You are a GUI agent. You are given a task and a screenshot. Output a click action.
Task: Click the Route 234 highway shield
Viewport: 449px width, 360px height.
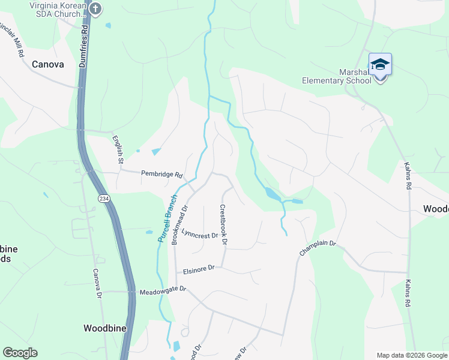(x=104, y=199)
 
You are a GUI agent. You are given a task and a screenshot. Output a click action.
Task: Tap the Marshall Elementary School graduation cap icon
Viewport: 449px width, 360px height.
(x=380, y=64)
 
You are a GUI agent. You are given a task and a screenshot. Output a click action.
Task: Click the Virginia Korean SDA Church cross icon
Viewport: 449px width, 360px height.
(x=95, y=8)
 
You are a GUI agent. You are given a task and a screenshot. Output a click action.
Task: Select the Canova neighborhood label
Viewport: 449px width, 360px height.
(x=47, y=64)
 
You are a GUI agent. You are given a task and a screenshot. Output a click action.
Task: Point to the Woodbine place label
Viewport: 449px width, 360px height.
(x=102, y=328)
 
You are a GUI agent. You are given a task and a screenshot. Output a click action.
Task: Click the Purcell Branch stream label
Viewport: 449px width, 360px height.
(x=168, y=218)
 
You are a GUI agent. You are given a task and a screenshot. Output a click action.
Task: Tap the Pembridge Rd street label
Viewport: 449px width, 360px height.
(x=161, y=174)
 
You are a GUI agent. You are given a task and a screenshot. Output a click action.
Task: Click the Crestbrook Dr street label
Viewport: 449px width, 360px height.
(x=223, y=225)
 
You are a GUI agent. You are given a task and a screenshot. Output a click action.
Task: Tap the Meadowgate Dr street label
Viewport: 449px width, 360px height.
(x=163, y=290)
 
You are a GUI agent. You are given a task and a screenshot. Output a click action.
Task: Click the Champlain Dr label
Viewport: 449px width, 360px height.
(x=318, y=248)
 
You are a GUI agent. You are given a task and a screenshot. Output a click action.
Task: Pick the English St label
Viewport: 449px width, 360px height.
(x=118, y=149)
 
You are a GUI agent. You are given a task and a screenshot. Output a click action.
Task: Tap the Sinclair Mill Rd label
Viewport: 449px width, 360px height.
(x=12, y=39)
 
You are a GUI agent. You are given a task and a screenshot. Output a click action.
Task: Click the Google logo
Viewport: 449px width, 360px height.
(x=20, y=353)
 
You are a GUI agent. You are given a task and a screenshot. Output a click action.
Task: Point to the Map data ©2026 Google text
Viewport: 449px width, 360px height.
(x=412, y=355)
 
